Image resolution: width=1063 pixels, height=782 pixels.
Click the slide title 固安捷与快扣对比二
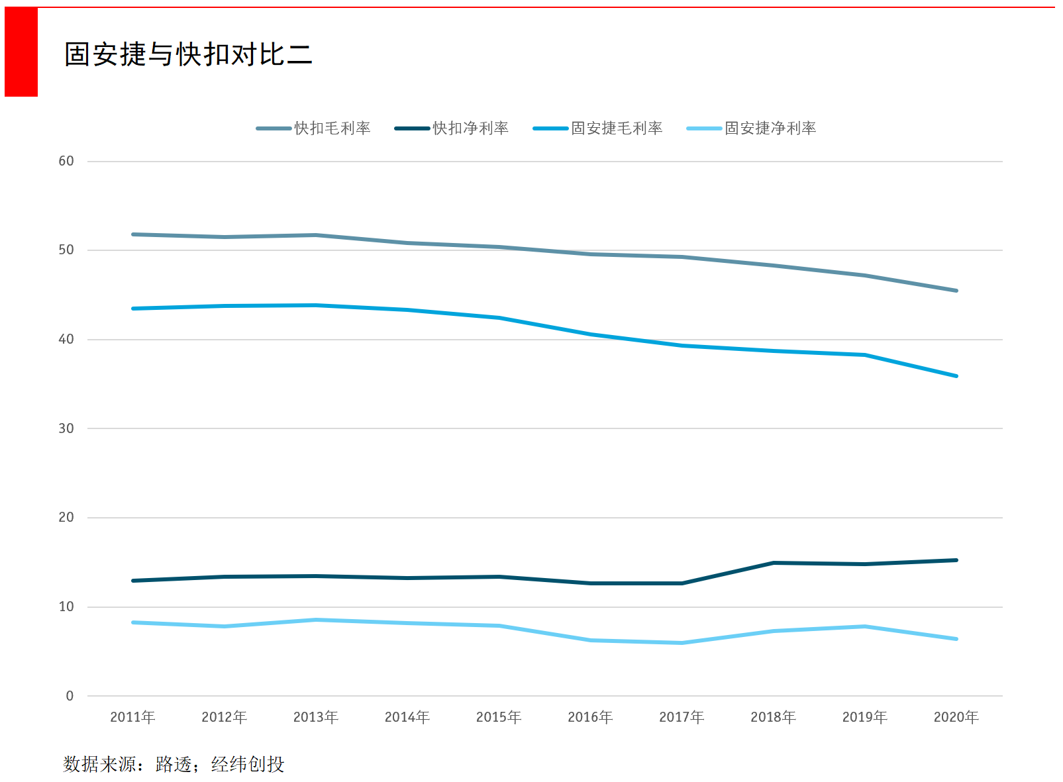[188, 54]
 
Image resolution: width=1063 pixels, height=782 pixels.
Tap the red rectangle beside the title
[21, 52]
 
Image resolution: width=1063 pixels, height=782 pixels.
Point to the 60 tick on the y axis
[66, 161]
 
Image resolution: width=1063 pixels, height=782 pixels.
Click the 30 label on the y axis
[66, 428]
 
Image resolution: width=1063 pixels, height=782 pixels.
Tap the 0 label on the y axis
[70, 696]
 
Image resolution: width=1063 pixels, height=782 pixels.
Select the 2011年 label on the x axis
[132, 717]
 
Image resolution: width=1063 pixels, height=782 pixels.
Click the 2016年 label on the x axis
[590, 717]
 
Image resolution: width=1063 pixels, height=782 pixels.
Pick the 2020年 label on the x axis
[956, 717]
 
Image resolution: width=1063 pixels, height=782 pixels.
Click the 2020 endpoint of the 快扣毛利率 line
[956, 291]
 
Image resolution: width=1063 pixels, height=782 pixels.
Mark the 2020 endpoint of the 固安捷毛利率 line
[956, 376]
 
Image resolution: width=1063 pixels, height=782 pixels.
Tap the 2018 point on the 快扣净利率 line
[773, 563]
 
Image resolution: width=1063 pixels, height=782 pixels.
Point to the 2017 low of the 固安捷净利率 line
[682, 643]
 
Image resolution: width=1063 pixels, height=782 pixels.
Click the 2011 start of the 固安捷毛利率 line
[133, 309]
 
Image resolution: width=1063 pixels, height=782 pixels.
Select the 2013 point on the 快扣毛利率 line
[316, 235]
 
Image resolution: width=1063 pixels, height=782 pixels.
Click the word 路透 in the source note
[173, 764]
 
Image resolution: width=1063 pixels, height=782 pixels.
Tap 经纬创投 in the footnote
[247, 764]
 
